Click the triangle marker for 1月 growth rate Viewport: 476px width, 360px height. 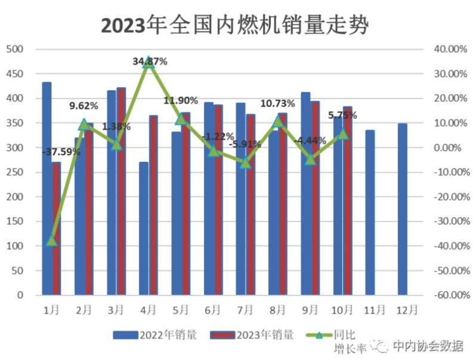click(52, 241)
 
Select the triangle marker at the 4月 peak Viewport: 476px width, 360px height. click(149, 62)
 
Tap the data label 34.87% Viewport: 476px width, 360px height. click(150, 61)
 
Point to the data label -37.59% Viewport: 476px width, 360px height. click(61, 152)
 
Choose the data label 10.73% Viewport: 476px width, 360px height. click(277, 103)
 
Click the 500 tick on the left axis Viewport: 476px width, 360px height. click(15, 49)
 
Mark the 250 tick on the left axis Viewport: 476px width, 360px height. click(15, 172)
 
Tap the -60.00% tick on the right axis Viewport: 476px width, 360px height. click(446, 295)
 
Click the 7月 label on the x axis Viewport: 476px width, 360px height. click(246, 310)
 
